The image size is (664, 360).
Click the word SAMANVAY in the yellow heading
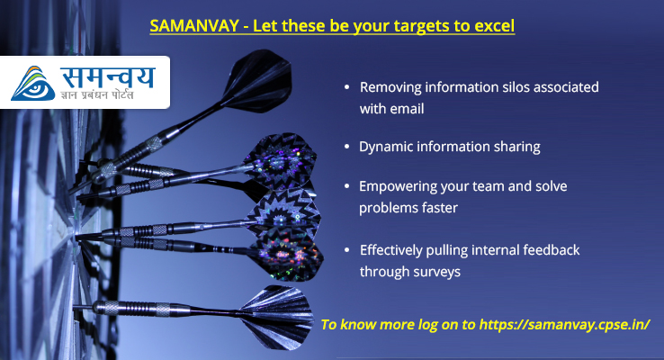point(194,26)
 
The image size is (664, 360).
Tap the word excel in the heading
point(495,26)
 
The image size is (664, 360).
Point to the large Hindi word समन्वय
point(108,77)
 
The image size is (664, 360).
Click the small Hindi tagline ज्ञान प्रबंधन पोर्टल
point(97,94)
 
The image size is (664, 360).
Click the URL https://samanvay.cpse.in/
point(564,324)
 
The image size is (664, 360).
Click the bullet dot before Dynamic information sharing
point(347,147)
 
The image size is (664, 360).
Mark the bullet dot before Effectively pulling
point(347,250)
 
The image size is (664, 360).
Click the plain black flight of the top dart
point(258,80)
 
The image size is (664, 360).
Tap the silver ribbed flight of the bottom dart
point(276,317)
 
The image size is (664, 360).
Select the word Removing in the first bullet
point(390,87)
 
